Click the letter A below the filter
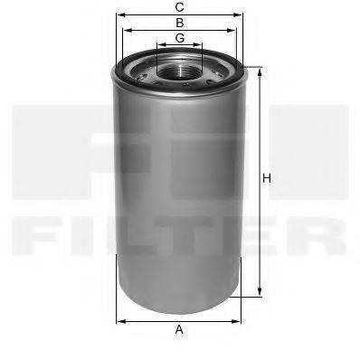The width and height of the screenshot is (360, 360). [179, 330]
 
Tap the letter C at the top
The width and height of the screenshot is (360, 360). [180, 6]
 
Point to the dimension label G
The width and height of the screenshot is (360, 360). [180, 37]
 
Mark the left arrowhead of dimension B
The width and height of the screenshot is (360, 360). [126, 29]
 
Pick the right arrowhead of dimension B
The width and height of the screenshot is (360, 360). [235, 29]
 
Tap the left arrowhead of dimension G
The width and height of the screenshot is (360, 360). [159, 44]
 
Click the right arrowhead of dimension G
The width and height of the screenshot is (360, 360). [201, 44]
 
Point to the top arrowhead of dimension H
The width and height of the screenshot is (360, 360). [259, 70]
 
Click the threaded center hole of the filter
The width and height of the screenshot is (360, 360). [180, 68]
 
